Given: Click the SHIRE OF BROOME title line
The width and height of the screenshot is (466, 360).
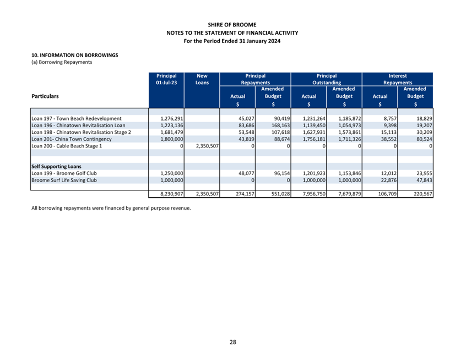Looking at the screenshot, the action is coord(232,25).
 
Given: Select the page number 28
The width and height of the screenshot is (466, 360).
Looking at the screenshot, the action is coord(232,342).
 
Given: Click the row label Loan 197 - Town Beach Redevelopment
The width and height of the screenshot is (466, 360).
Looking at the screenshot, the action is coord(77,118).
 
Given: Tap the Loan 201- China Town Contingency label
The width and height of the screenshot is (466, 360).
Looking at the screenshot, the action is coord(71,139).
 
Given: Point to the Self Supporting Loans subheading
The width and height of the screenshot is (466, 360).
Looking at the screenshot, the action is coord(57,166).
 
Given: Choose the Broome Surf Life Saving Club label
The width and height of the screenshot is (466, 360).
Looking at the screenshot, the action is coord(64,180).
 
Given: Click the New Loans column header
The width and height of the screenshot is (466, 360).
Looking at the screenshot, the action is coord(202,79).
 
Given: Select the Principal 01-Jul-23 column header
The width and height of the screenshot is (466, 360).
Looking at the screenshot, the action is coord(166,79).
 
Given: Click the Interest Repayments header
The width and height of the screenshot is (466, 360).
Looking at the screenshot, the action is coord(398,79).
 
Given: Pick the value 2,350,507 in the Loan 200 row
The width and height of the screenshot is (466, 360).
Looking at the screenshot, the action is coord(208,146).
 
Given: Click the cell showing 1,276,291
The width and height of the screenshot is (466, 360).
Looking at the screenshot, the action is coord(172,118).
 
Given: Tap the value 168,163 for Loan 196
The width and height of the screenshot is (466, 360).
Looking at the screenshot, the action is coord(280,126).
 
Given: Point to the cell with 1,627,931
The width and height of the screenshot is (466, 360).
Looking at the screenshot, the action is coord(314,132).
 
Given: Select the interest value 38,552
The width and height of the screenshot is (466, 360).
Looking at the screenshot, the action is coord(389,139).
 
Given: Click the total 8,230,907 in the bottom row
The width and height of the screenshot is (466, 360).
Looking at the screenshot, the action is coord(172,194).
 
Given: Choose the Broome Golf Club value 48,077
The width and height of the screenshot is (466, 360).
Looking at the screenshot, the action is coord(246,173).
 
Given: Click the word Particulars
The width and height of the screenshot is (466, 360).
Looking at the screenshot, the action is coord(45,96).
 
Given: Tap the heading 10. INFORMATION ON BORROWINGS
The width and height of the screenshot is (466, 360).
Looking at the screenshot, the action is coord(74,55).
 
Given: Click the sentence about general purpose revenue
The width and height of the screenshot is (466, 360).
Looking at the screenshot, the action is coord(111,208).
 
